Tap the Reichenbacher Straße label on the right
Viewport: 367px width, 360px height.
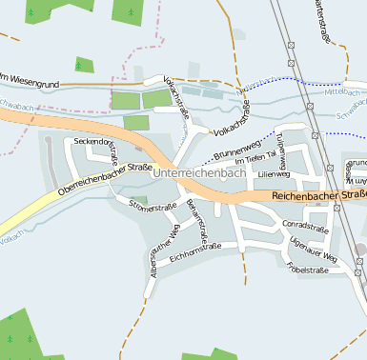[x=318, y=195]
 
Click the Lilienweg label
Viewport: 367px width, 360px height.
[x=273, y=174]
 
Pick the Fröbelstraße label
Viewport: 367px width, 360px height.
[x=307, y=270]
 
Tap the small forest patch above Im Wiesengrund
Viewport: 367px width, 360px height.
[x=85, y=65]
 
